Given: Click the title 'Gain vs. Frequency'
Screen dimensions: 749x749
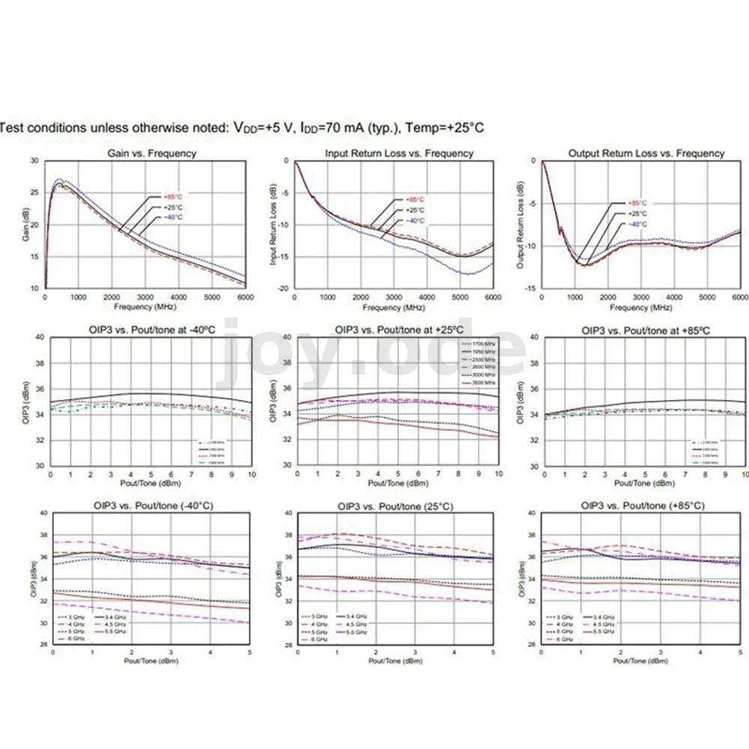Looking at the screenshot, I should coord(151,154).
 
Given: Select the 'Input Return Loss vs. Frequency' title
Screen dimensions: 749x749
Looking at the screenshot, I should coord(399,154).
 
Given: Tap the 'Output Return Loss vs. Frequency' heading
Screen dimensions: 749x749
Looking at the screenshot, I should coord(647,154).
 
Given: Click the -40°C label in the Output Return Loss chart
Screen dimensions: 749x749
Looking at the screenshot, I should coord(637,224).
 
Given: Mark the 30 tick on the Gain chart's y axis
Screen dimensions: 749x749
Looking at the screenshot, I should coord(34,161).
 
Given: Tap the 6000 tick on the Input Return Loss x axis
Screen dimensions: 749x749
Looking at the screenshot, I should coord(493,297).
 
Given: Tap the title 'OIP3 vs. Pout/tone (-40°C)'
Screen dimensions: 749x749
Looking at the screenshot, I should coord(151,506).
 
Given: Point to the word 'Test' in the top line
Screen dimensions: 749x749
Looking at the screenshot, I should coord(12,128).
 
